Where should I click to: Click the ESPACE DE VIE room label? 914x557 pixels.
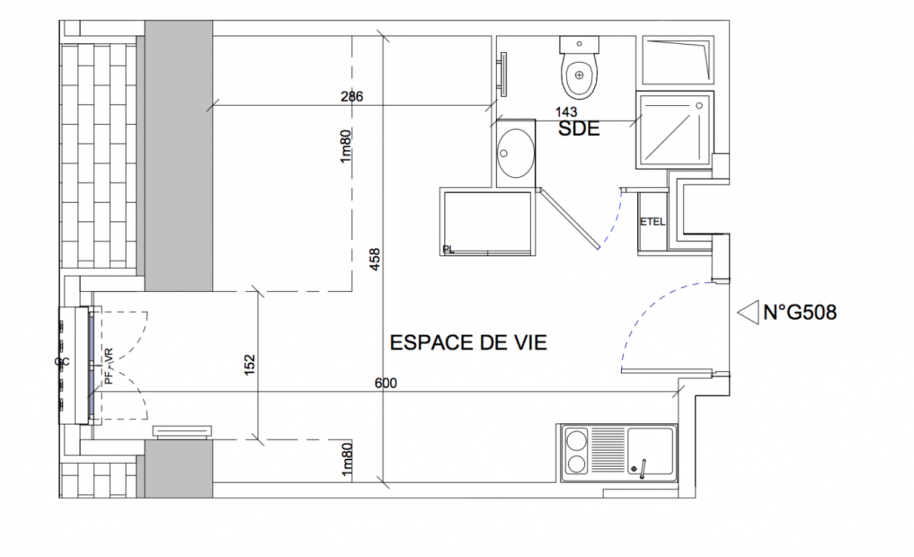[468, 343]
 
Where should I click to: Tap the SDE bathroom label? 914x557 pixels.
[579, 129]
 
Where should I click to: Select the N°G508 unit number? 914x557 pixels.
[800, 313]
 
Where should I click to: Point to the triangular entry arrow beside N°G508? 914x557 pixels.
[748, 313]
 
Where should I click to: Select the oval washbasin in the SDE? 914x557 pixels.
[515, 153]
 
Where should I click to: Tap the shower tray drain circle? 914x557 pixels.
[699, 106]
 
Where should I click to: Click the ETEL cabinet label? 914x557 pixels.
[652, 221]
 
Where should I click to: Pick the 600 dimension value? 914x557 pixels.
[385, 383]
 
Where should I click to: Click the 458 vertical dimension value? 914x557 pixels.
[375, 259]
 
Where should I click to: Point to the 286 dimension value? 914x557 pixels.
[352, 97]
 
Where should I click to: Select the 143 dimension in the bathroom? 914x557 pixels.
[566, 112]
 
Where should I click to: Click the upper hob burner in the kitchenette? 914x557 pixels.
[577, 441]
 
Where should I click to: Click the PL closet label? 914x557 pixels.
[449, 249]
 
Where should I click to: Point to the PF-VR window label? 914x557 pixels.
[109, 366]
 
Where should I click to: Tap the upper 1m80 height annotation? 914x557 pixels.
[346, 146]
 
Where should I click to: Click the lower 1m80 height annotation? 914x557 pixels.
[346, 460]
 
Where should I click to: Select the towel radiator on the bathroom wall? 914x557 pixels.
[503, 74]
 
